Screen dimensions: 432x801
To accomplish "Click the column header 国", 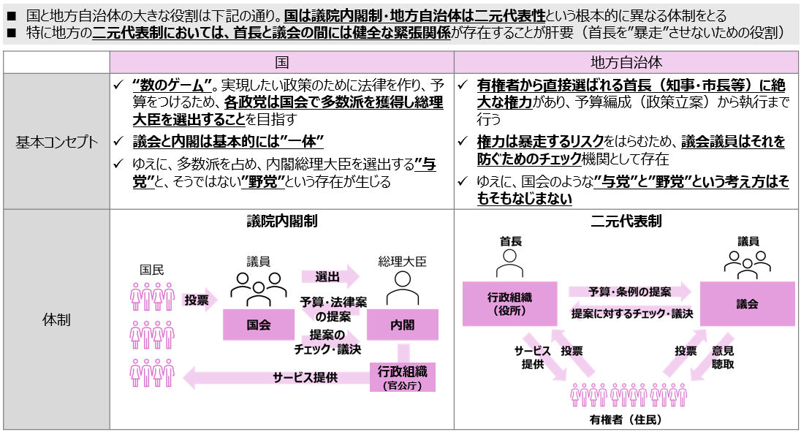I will [281, 63].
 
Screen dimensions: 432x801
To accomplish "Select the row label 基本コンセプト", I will [57, 142].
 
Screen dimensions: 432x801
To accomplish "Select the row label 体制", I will [57, 319].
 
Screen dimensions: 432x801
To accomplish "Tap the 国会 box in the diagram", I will [259, 325].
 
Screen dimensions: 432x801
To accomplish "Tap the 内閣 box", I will [402, 325].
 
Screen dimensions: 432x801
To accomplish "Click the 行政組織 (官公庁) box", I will [402, 376].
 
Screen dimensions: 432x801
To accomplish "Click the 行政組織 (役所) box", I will [509, 303].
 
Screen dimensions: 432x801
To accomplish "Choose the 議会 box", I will [747, 303].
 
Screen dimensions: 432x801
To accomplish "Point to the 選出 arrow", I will [329, 277].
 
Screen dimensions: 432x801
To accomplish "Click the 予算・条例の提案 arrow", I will [629, 292].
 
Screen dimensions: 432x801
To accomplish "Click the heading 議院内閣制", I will [281, 221].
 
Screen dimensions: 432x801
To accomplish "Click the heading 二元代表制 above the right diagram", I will [626, 221].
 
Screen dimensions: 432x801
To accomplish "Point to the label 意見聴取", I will [723, 357].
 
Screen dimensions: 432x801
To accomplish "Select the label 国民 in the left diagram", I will [152, 270].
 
